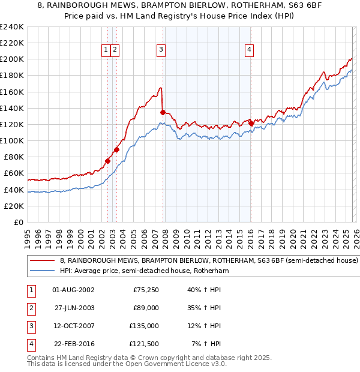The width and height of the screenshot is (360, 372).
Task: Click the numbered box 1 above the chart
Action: (x=106, y=50)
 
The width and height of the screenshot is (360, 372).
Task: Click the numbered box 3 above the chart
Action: (x=161, y=50)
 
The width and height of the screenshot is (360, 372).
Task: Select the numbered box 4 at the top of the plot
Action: (x=249, y=50)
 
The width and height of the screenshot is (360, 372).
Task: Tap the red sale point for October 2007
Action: (x=163, y=112)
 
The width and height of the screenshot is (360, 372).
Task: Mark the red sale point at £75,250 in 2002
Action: (x=108, y=160)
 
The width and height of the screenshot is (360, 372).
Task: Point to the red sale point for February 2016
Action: (x=250, y=122)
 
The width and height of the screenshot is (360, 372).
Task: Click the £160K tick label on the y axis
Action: (x=11, y=92)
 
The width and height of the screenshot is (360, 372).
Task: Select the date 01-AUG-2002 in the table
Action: (x=73, y=290)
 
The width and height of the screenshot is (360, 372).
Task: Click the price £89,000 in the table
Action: (x=146, y=308)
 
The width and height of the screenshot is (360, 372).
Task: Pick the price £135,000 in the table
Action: (x=144, y=326)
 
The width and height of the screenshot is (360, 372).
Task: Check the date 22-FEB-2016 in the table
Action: (x=73, y=344)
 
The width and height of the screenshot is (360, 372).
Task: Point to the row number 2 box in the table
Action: (x=30, y=308)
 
